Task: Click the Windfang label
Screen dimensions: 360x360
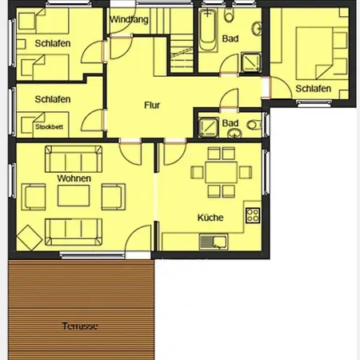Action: [129, 19]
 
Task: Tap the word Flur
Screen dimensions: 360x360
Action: [152, 105]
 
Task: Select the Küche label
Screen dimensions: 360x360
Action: [210, 218]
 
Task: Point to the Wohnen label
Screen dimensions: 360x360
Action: [74, 178]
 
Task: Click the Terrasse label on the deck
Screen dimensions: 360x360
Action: [80, 326]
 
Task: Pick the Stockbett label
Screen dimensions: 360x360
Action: [50, 126]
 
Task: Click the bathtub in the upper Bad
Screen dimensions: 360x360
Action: [208, 30]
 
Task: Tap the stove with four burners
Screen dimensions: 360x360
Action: [253, 215]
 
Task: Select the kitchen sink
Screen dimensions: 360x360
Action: [214, 242]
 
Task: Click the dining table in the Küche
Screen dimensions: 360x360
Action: [221, 172]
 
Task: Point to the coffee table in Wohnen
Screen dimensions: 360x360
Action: [74, 196]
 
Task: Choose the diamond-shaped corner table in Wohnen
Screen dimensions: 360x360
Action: [30, 238]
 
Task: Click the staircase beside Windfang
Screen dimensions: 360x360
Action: [182, 54]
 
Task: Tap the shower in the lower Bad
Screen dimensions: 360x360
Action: [208, 127]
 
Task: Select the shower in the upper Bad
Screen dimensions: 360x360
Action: [250, 62]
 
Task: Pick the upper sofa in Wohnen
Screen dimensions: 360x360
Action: [74, 158]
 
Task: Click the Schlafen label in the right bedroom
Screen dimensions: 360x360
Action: [314, 89]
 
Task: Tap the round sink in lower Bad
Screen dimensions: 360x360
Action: [234, 133]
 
